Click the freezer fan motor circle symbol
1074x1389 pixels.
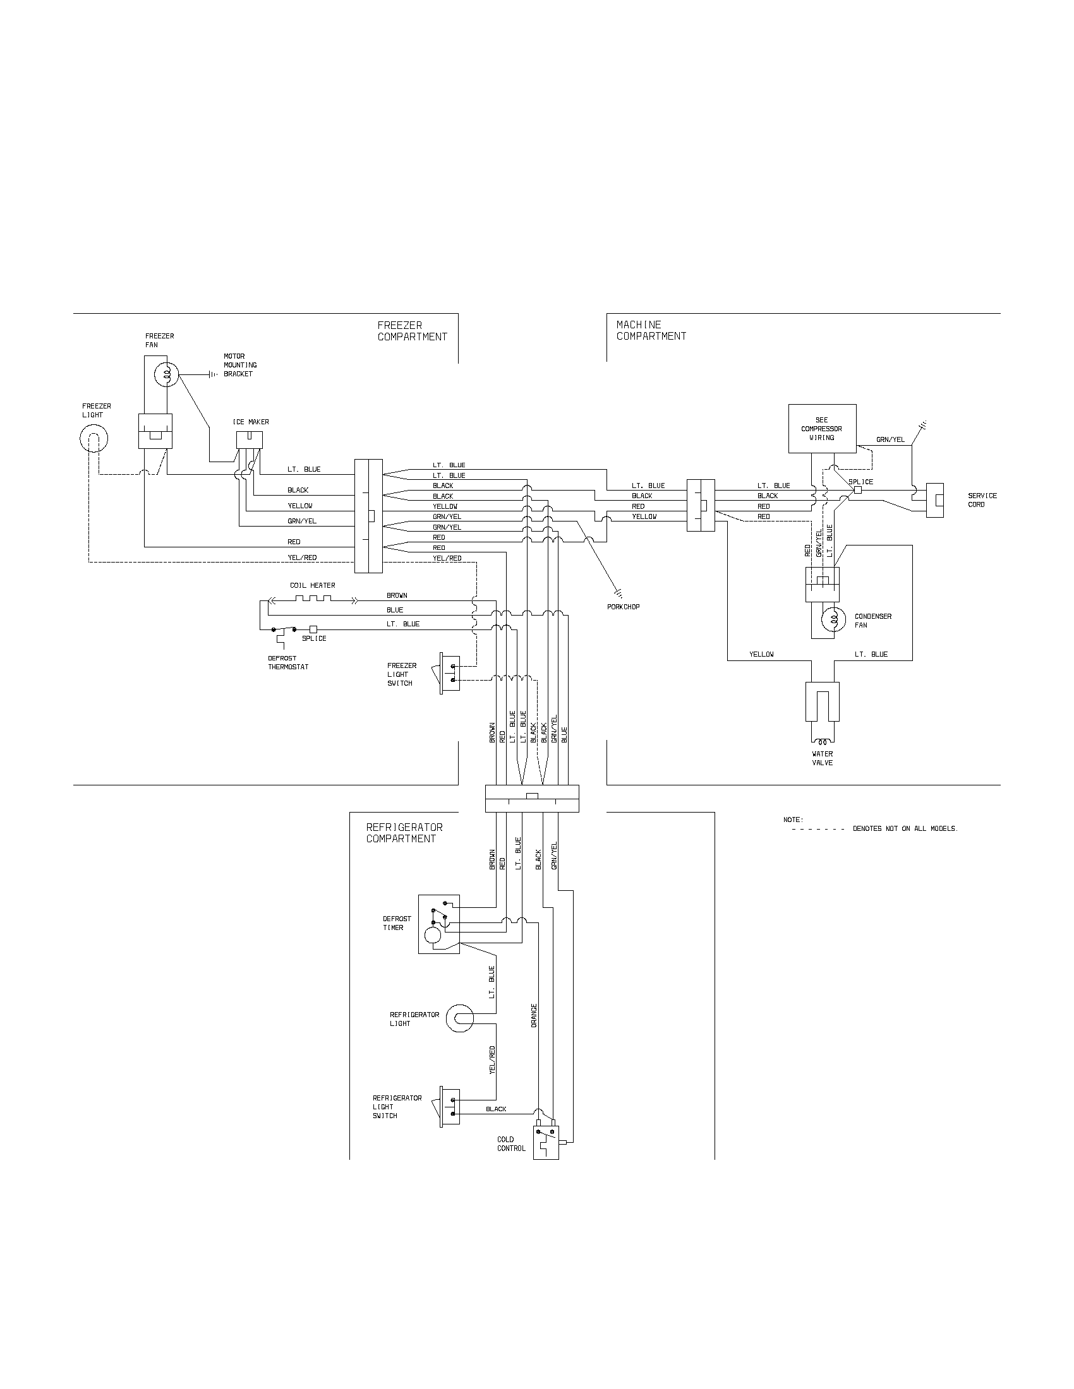click(167, 375)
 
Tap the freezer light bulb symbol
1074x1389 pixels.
click(94, 439)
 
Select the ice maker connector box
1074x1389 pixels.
click(250, 439)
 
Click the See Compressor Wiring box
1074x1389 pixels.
click(822, 429)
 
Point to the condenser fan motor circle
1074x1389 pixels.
click(833, 619)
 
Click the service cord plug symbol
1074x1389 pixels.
click(934, 501)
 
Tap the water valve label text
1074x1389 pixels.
click(822, 758)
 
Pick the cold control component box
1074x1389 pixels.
click(546, 1143)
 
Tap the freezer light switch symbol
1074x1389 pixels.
click(449, 674)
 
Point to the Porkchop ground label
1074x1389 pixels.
click(623, 607)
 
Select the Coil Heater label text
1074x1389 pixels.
click(312, 585)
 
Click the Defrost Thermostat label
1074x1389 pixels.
click(288, 663)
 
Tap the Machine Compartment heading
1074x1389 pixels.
click(651, 330)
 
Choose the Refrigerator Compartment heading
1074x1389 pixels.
click(404, 833)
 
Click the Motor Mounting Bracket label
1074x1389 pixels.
click(240, 365)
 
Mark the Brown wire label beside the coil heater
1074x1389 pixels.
click(397, 595)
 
